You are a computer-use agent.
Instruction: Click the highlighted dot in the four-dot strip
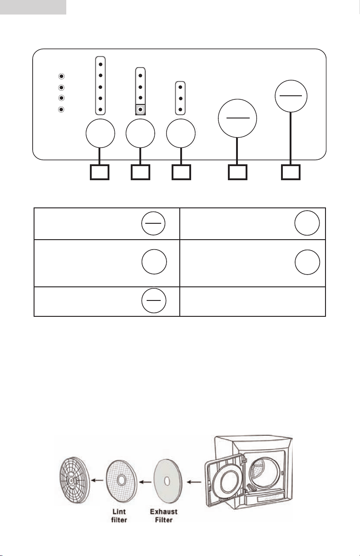tap(141, 109)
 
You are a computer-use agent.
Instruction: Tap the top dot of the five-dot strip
tap(100, 64)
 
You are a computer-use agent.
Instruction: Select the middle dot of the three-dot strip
tap(181, 98)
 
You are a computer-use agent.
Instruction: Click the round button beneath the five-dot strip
tap(100, 133)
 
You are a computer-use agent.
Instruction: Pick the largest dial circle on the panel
tap(237, 118)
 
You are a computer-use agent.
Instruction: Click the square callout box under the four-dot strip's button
tap(141, 172)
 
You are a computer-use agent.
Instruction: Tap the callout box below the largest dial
tap(237, 172)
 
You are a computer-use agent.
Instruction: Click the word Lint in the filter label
tap(119, 512)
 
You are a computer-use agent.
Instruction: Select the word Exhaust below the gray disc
tap(164, 512)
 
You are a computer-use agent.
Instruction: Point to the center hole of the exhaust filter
tap(167, 481)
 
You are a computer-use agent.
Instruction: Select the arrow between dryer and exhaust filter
tap(194, 482)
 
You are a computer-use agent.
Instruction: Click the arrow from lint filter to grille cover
tap(97, 481)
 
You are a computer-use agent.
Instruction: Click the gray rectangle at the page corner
tap(33, 7)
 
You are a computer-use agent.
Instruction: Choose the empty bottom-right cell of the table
tap(252, 301)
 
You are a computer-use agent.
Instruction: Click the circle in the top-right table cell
tap(307, 223)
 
